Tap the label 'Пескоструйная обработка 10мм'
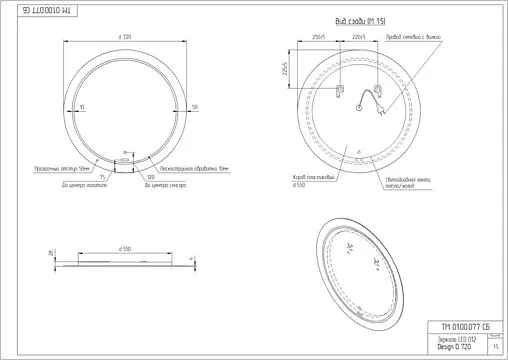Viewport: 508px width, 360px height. pyautogui.click(x=182, y=170)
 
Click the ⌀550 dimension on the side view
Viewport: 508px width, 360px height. pyautogui.click(x=125, y=246)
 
